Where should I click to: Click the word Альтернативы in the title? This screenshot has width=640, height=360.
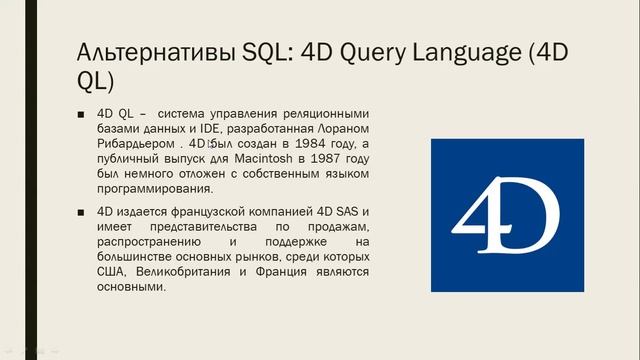coord(143,51)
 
